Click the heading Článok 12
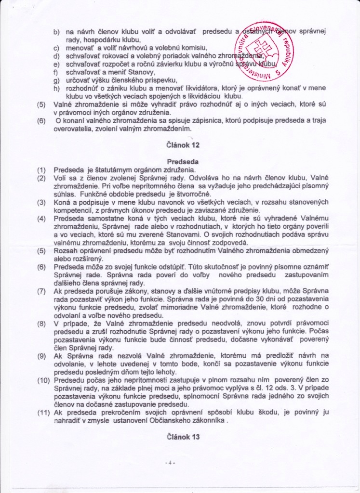(x=182, y=145)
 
